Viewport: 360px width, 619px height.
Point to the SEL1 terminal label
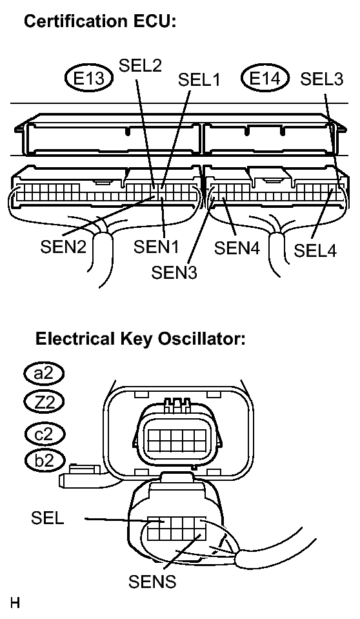click(x=199, y=79)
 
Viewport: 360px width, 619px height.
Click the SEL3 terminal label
click(x=322, y=79)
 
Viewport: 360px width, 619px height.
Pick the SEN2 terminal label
click(x=63, y=247)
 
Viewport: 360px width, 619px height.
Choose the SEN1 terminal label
click(x=156, y=247)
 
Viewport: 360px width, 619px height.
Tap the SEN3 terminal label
click(x=174, y=272)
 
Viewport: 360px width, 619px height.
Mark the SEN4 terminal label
click(x=237, y=249)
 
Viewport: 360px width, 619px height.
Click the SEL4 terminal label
click(x=315, y=250)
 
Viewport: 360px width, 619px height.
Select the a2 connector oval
click(x=44, y=373)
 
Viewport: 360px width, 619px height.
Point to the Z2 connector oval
click(x=44, y=402)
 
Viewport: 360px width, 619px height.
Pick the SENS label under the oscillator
click(x=152, y=581)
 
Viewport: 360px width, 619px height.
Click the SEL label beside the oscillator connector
click(x=47, y=518)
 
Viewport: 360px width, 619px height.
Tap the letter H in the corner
click(x=15, y=603)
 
